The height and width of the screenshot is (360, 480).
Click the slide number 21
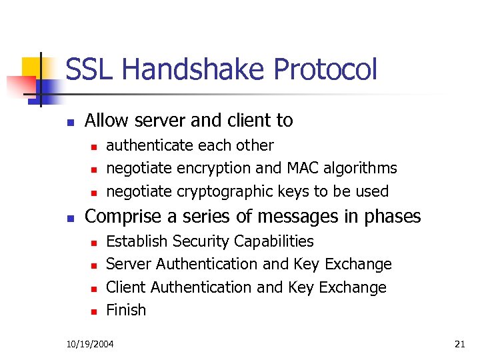coord(459,344)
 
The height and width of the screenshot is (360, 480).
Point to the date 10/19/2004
coord(90,344)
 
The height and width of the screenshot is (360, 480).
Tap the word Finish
coord(126,310)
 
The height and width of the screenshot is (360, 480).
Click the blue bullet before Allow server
coord(69,122)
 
